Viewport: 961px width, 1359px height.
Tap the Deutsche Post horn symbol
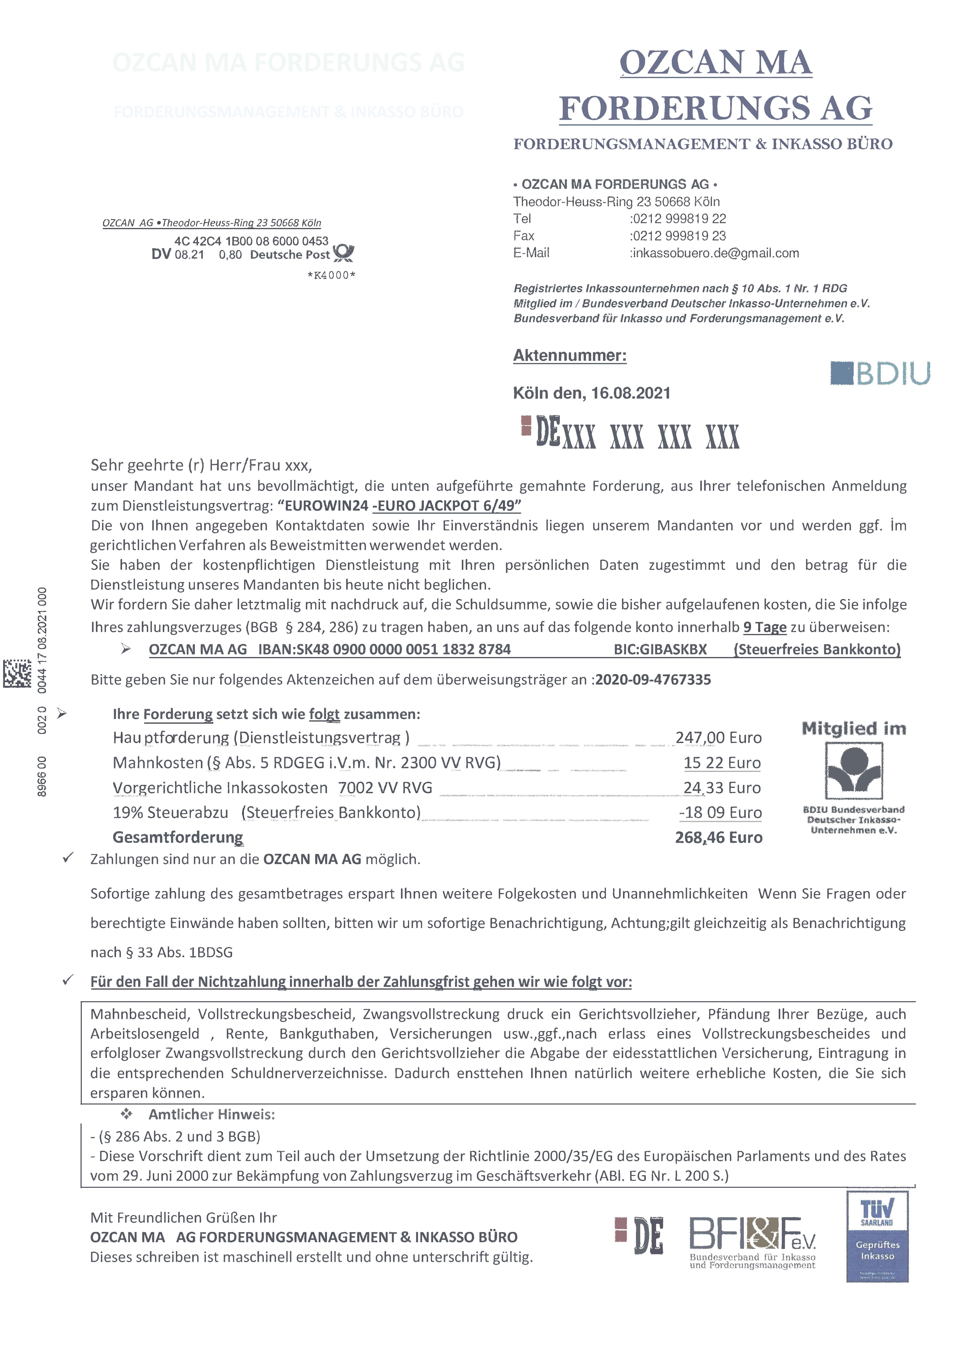click(343, 253)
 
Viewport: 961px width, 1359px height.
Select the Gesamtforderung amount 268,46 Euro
click(718, 838)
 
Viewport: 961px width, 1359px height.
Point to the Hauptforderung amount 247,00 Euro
click(718, 737)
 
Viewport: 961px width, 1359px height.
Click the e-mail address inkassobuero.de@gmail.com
click(715, 253)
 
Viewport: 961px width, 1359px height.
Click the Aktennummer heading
click(570, 356)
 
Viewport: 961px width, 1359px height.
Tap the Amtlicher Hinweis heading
click(211, 1115)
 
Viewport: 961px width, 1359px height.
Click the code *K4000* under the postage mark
click(332, 275)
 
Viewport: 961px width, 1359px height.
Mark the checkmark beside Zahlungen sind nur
click(68, 858)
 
